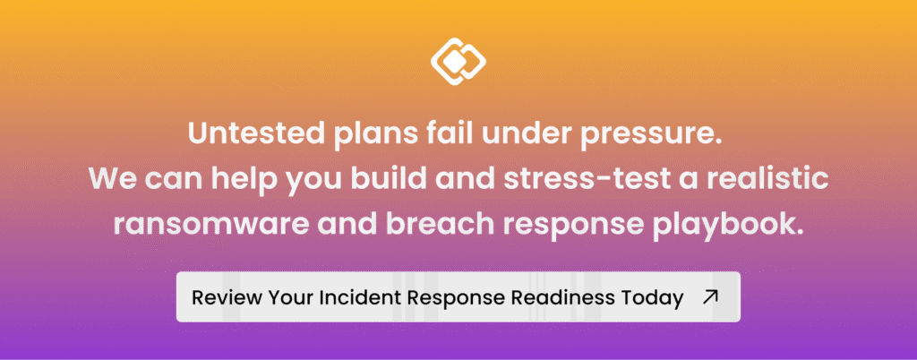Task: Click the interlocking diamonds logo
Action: [x=458, y=61]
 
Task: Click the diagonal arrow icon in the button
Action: [x=710, y=297]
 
